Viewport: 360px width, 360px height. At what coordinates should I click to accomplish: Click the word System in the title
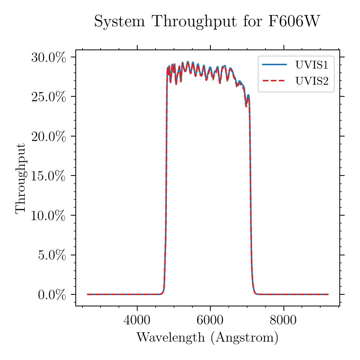(x=120, y=22)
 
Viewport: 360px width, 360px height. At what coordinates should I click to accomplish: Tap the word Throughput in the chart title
(x=195, y=22)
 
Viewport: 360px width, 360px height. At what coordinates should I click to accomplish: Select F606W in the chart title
(x=294, y=21)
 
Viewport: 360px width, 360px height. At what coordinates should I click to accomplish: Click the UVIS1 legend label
(x=312, y=65)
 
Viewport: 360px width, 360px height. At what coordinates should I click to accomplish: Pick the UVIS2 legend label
(x=312, y=81)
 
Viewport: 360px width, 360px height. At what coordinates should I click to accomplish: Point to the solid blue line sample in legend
(x=274, y=64)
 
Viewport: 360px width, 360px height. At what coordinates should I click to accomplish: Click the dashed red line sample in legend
(x=274, y=81)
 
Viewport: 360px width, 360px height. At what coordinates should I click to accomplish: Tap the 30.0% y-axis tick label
(x=48, y=57)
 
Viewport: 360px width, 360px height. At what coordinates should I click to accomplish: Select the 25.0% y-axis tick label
(x=48, y=97)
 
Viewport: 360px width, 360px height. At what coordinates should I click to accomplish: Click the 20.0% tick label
(x=48, y=136)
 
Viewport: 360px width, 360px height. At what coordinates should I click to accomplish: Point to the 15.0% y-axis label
(x=48, y=176)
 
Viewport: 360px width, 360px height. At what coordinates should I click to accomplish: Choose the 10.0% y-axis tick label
(x=48, y=216)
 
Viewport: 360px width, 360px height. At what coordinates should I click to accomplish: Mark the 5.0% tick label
(x=52, y=255)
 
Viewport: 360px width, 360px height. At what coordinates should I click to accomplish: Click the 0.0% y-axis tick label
(x=52, y=295)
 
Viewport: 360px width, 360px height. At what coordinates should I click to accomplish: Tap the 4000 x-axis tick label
(x=137, y=320)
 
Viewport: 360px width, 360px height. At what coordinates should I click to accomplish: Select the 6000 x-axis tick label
(x=210, y=320)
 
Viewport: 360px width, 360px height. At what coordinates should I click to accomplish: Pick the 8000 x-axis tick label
(x=283, y=320)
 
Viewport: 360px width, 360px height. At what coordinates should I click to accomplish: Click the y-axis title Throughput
(x=21, y=178)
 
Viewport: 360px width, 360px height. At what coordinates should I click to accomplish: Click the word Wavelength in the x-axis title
(x=171, y=337)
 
